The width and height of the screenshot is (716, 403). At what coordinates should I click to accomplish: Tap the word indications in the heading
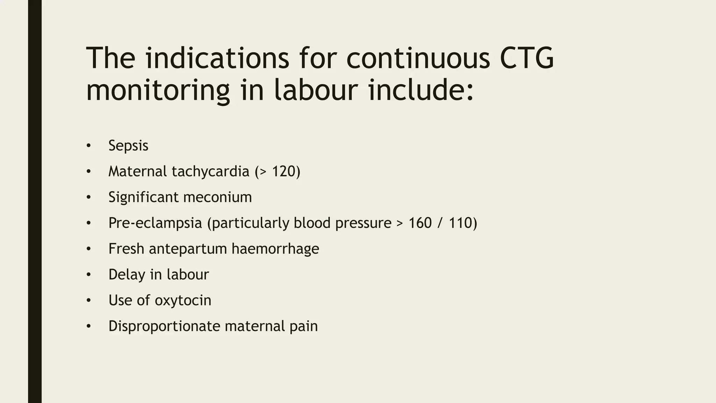pyautogui.click(x=217, y=58)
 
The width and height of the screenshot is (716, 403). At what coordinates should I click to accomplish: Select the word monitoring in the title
pyautogui.click(x=158, y=91)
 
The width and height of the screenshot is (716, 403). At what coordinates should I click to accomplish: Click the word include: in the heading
pyautogui.click(x=421, y=90)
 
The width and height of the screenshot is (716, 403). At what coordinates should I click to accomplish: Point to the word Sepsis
pyautogui.click(x=128, y=146)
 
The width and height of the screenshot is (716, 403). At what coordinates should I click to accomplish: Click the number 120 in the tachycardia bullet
pyautogui.click(x=284, y=171)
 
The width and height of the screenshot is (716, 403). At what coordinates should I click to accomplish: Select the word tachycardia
pyautogui.click(x=210, y=171)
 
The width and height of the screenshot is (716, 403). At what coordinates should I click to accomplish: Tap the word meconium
pyautogui.click(x=217, y=197)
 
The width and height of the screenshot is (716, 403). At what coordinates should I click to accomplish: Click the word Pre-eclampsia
pyautogui.click(x=155, y=223)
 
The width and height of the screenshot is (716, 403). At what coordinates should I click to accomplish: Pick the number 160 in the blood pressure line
pyautogui.click(x=420, y=223)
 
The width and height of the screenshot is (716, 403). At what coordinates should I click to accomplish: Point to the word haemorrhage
pyautogui.click(x=275, y=249)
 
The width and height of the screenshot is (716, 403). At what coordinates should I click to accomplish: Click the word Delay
pyautogui.click(x=126, y=275)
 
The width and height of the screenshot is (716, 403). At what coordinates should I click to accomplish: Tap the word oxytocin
pyautogui.click(x=183, y=301)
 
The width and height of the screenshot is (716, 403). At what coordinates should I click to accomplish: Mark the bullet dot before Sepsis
pyautogui.click(x=89, y=146)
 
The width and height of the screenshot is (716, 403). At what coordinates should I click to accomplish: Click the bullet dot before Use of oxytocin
pyautogui.click(x=89, y=301)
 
